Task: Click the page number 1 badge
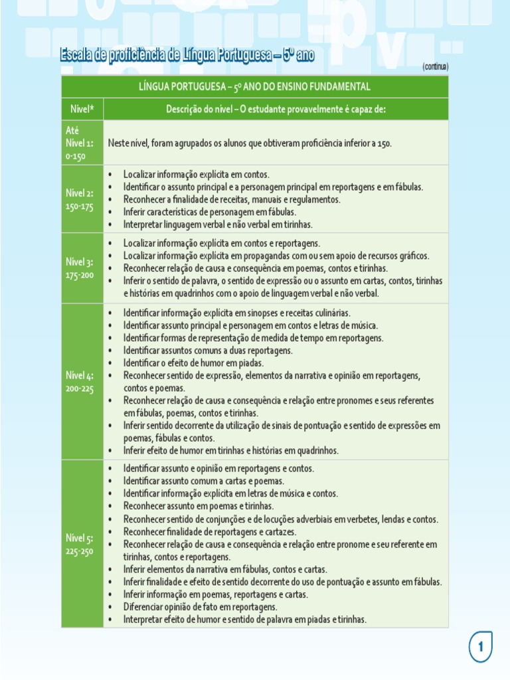pos(480,647)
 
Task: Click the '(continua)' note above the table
pos(435,67)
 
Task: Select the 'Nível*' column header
pos(82,109)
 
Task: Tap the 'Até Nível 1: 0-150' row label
pos(80,143)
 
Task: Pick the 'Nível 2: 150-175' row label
pos(80,199)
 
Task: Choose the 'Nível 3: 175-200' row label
pos(80,268)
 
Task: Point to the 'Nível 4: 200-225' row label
pos(80,382)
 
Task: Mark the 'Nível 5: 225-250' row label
pos(80,544)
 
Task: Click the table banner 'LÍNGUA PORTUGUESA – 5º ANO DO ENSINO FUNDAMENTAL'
pos(254,87)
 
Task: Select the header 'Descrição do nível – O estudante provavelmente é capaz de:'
pos(276,109)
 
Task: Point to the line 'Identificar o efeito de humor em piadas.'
pos(193,363)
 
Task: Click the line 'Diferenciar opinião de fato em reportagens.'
pos(200,607)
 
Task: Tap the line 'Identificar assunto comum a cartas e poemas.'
pos(203,481)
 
